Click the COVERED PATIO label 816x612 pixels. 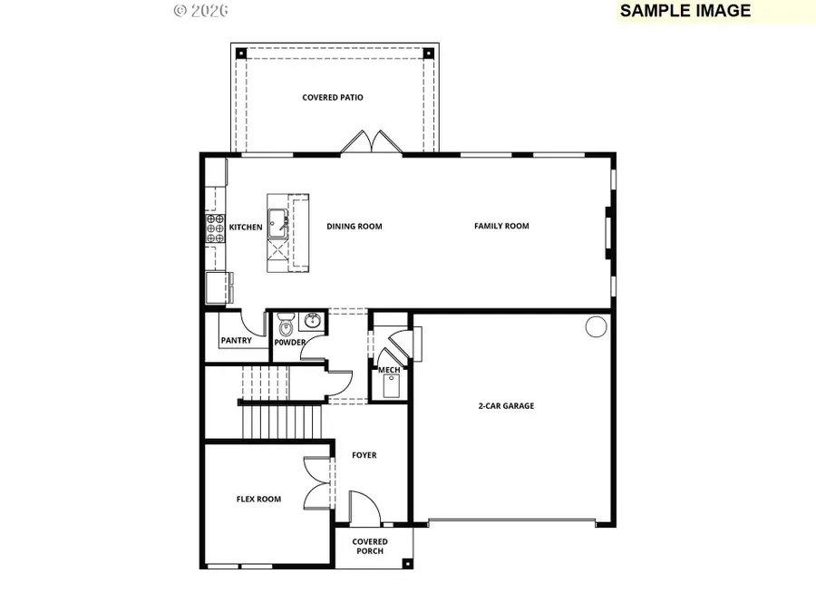pos(333,97)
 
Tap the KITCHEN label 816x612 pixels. pos(246,227)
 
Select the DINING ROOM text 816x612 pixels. pos(355,227)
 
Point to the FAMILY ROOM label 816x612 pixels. pos(501,226)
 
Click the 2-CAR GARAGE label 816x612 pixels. pos(506,406)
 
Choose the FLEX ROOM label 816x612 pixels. pos(258,499)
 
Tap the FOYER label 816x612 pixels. pos(364,455)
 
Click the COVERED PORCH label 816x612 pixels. pos(370,547)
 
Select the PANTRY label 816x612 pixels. pos(236,341)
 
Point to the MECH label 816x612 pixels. pos(389,370)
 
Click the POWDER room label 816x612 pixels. pos(290,342)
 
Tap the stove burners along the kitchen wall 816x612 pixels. pos(216,230)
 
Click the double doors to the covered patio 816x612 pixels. pos(370,143)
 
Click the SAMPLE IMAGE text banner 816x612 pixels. pos(685,11)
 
